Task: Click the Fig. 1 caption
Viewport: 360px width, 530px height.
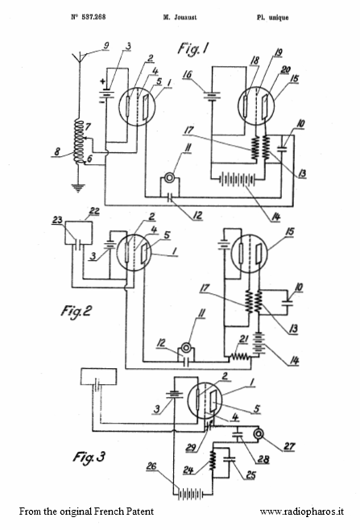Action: tap(193, 48)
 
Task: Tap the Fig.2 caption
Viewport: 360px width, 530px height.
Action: tap(77, 311)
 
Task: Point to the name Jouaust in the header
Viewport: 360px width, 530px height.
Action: tap(184, 17)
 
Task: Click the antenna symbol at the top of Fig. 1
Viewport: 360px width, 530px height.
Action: tap(80, 58)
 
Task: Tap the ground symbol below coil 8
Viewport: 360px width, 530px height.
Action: tap(78, 188)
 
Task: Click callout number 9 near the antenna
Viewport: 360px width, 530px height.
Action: tap(106, 46)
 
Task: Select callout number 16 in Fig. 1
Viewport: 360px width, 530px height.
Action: tap(188, 74)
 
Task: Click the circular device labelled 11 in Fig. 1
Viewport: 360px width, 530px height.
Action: tap(168, 176)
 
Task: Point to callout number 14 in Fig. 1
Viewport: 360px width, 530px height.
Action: tap(275, 217)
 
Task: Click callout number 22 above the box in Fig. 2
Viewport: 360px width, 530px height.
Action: tap(94, 211)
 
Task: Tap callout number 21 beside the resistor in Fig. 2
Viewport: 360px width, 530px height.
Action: tap(244, 339)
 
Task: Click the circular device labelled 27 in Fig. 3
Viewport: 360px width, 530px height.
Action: tap(259, 433)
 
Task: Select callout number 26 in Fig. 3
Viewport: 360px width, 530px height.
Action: tap(151, 466)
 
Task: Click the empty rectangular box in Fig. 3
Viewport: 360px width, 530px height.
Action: tap(98, 376)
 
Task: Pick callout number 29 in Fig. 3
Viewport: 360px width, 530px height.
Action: tap(191, 447)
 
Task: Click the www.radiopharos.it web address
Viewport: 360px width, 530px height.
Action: tap(302, 511)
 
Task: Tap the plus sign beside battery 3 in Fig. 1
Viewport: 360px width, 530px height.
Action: tap(102, 81)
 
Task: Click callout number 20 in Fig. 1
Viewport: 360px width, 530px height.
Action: tap(286, 69)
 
